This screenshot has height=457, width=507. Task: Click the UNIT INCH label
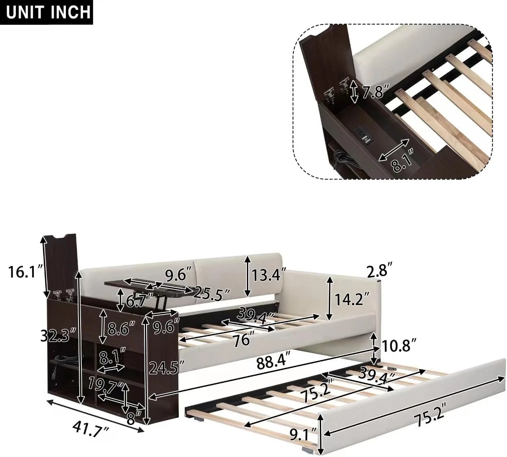[x=48, y=12]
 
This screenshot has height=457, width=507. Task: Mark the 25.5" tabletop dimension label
[x=213, y=293]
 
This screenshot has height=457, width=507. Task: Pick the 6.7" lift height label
[x=140, y=301]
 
